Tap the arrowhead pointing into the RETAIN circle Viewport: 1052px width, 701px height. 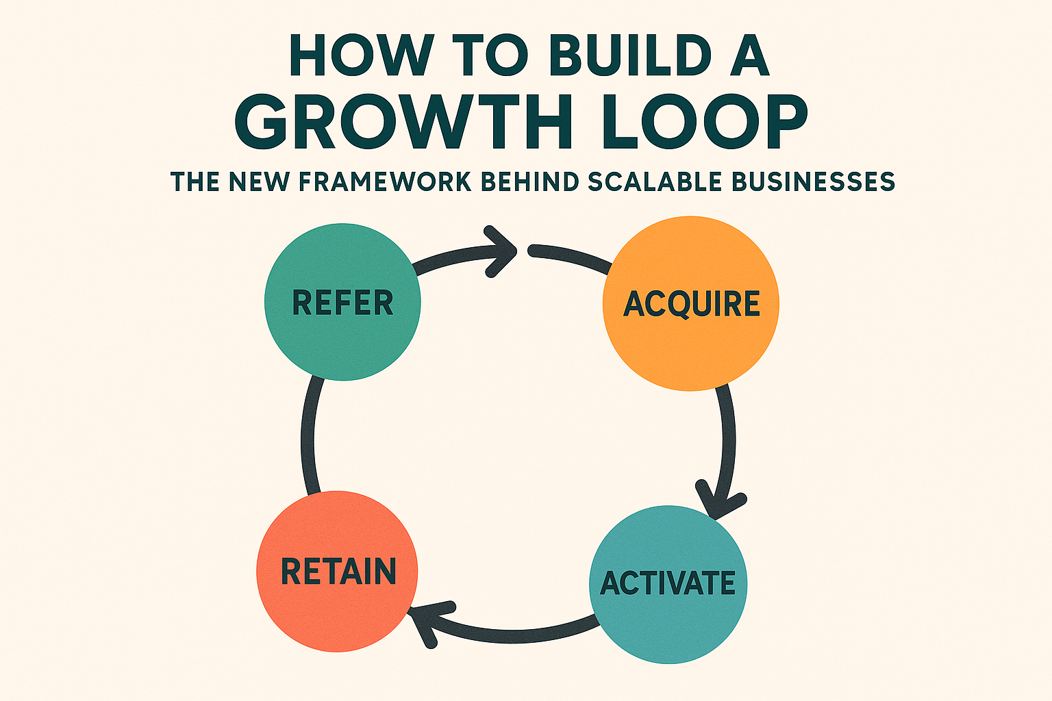point(425,620)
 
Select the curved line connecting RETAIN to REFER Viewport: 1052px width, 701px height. point(309,438)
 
